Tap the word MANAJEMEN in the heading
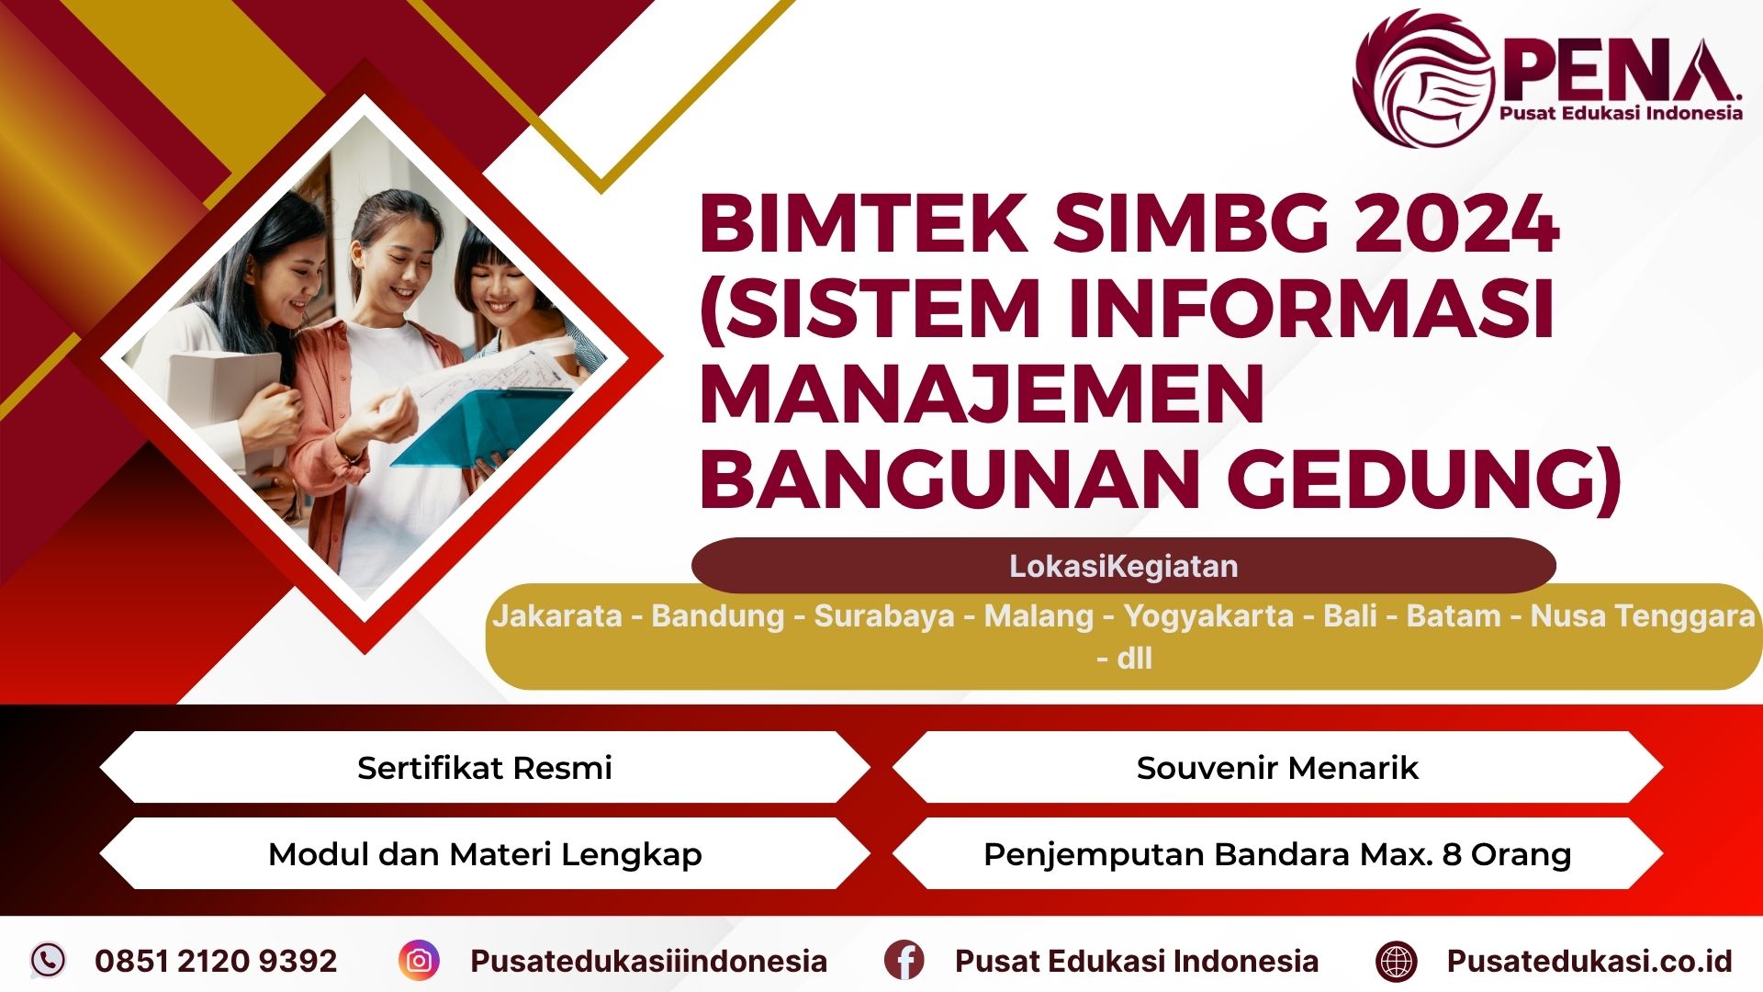point(983,394)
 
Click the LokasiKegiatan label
point(1123,566)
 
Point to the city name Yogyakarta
point(1208,615)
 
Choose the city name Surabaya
point(884,615)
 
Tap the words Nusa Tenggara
point(1643,615)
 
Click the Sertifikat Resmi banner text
point(484,767)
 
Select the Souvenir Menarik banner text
point(1276,767)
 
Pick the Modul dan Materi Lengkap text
point(485,854)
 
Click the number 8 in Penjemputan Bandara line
point(1451,854)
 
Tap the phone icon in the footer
point(48,960)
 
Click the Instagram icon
point(419,960)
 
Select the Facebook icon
point(904,960)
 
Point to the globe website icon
point(1396,961)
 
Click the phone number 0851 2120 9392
point(216,961)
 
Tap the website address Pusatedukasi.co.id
point(1589,961)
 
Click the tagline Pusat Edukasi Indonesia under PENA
point(1621,113)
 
